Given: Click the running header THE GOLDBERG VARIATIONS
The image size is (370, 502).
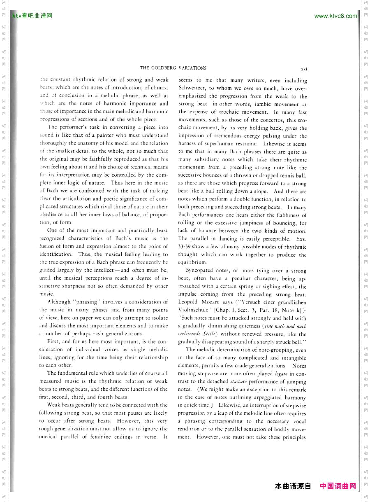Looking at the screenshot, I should (173, 68).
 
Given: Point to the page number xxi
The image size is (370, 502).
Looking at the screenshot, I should (304, 69).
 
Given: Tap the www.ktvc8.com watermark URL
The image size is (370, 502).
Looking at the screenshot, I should (335, 16).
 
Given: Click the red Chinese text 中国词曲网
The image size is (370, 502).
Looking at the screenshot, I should (338, 486).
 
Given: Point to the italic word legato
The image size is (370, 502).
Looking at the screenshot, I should (279, 374).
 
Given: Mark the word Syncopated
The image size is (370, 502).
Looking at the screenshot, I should (199, 271).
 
